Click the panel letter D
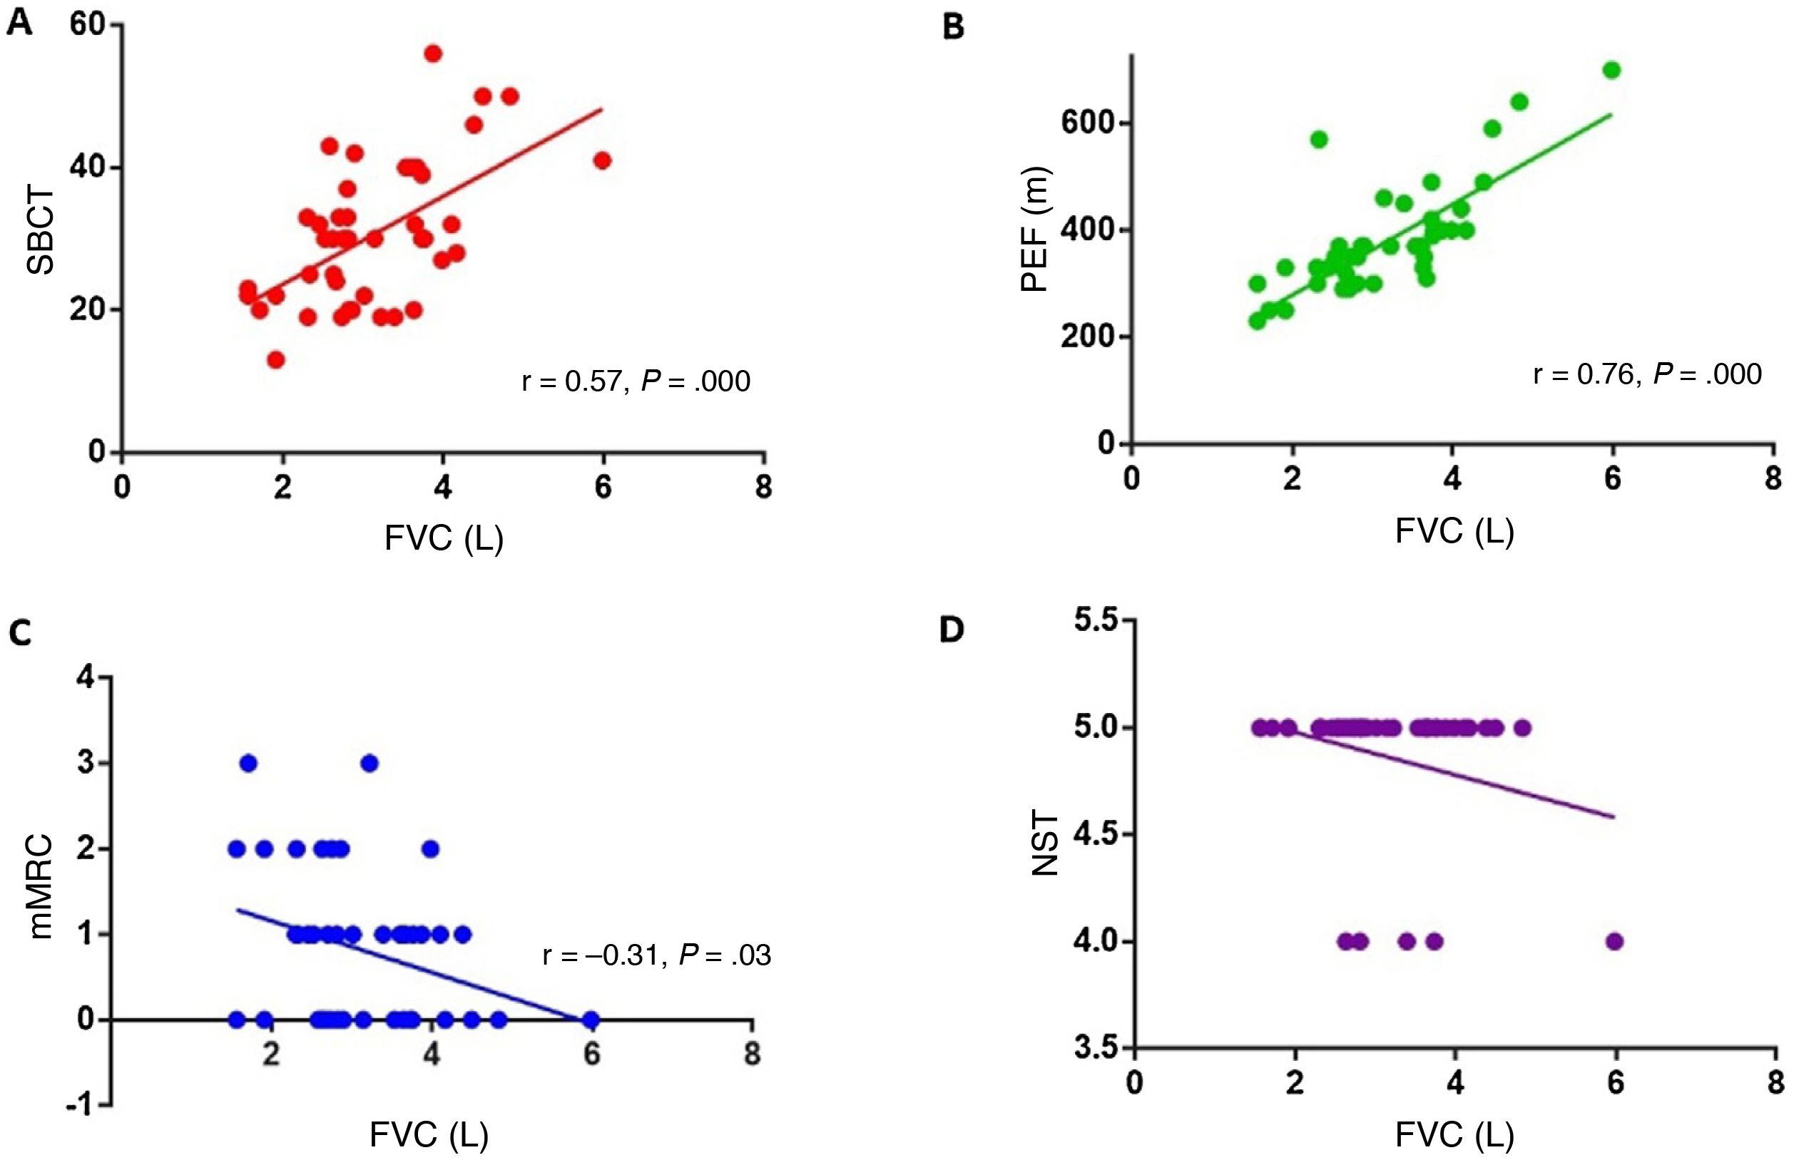point(952,630)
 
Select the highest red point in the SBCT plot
point(433,53)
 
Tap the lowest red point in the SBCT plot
point(276,360)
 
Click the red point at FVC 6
point(602,160)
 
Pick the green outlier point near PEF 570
point(1318,139)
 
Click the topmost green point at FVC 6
point(1611,70)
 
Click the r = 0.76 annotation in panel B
point(1586,374)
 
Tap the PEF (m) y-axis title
point(1034,228)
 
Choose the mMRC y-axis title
point(41,886)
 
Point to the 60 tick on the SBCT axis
point(86,25)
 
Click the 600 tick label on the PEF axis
point(1087,123)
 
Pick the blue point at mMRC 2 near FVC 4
point(431,849)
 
